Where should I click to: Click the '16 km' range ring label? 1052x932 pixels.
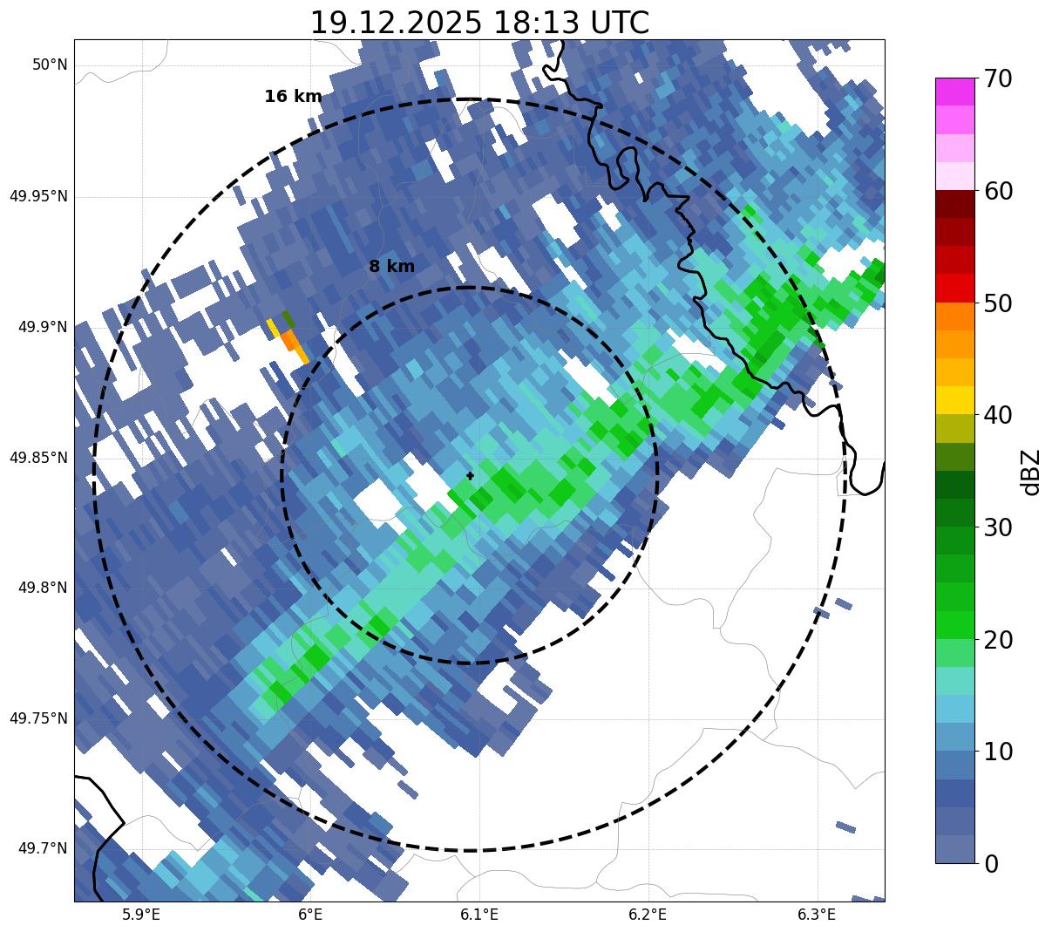[x=293, y=97]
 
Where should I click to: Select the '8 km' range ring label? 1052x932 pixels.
[x=391, y=267]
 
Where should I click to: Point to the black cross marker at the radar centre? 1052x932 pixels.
[x=471, y=476]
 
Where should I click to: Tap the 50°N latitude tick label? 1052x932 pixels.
[x=50, y=65]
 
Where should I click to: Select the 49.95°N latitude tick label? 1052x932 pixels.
[x=38, y=196]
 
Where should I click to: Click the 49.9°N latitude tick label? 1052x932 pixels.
[x=43, y=327]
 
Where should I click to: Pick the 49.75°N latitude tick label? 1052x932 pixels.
[x=38, y=718]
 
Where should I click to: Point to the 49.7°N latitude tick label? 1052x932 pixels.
[x=43, y=849]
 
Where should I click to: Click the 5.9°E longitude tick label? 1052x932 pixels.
[x=141, y=915]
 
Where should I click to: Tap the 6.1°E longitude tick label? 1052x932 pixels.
[x=479, y=915]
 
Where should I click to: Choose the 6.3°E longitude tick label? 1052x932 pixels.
[x=817, y=915]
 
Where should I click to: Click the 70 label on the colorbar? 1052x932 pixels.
[x=997, y=79]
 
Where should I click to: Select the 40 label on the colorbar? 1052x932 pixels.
[x=997, y=415]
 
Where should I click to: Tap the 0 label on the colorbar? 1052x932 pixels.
[x=990, y=864]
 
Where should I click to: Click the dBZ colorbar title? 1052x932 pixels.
[x=1032, y=472]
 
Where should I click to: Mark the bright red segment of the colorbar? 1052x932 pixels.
[x=954, y=288]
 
